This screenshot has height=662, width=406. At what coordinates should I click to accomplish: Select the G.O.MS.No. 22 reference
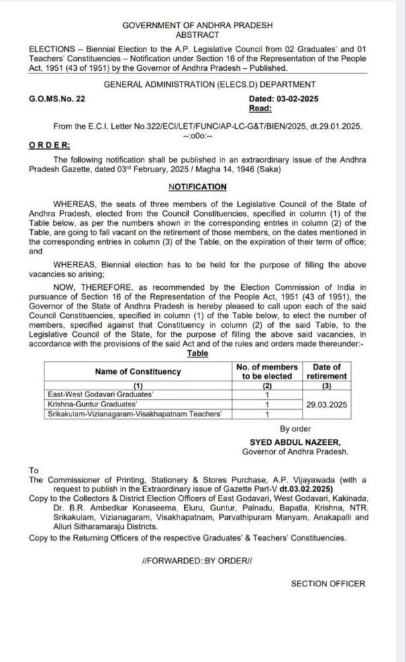click(57, 99)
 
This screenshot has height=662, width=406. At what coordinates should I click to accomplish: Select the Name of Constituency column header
click(137, 371)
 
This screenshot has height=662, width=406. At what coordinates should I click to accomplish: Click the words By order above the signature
click(295, 429)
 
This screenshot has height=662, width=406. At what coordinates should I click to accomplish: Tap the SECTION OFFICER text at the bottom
click(327, 583)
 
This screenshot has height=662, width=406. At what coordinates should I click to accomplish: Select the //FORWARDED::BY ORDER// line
click(197, 561)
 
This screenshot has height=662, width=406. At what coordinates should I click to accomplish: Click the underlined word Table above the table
click(197, 354)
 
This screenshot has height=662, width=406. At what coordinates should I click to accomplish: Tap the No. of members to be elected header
click(267, 371)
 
